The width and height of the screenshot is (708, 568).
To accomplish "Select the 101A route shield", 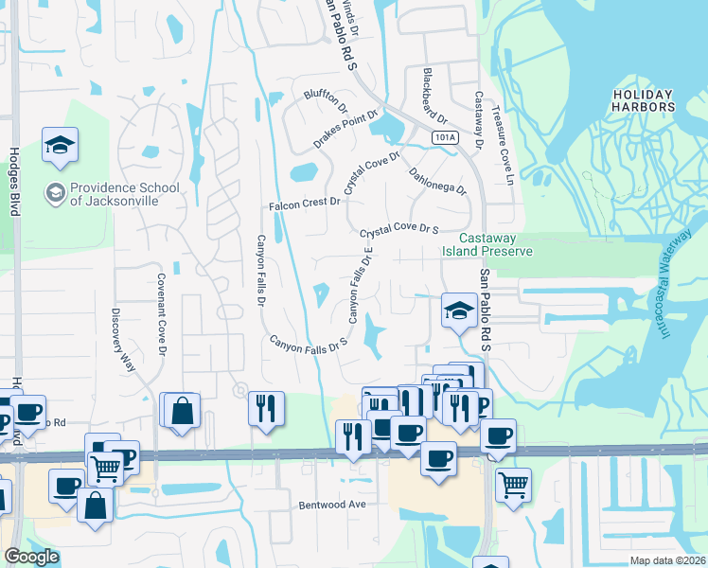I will [444, 138].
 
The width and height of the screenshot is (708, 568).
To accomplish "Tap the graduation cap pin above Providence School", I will [60, 147].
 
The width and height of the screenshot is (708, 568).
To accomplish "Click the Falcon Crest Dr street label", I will [304, 203].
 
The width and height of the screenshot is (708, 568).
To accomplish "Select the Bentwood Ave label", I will [331, 505].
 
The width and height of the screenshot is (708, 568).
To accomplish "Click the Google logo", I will [31, 558].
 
